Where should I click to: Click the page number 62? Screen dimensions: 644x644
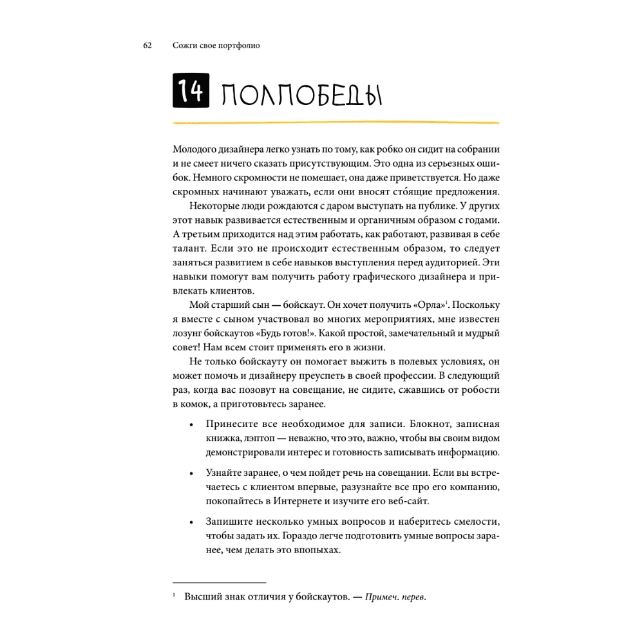click(x=147, y=46)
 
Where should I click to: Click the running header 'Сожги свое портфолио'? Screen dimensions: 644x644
click(x=216, y=46)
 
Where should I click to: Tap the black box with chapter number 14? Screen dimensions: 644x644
click(x=190, y=93)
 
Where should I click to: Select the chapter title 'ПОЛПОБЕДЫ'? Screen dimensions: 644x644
click(x=300, y=95)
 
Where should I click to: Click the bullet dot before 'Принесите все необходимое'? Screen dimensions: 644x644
click(x=191, y=425)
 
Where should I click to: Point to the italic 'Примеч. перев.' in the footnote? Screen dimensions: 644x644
click(x=395, y=597)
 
